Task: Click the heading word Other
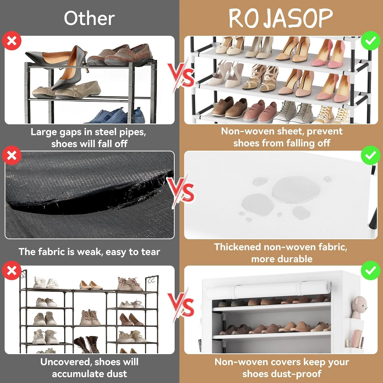[89, 18]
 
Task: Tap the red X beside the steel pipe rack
[12, 41]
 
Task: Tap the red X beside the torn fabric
[12, 155]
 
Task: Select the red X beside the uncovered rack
[12, 270]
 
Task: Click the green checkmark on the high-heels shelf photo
[370, 41]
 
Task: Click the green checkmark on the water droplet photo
[370, 155]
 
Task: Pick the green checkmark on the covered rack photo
[370, 270]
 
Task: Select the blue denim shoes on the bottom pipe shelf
[117, 116]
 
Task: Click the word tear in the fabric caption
[151, 252]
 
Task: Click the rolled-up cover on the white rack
[268, 290]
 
